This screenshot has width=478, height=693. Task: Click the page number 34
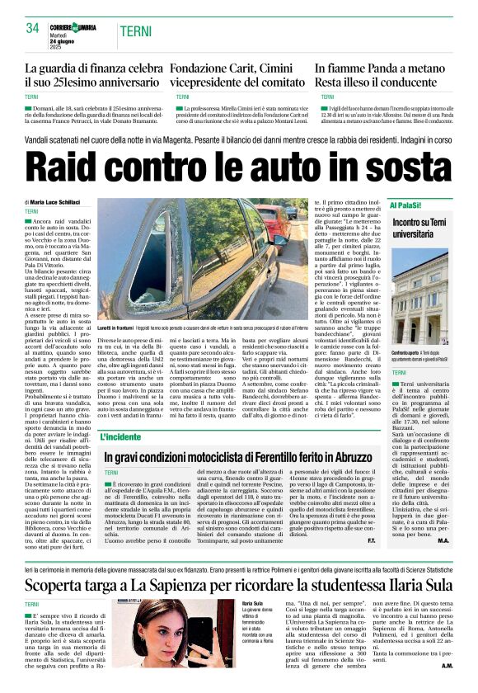pos(33,28)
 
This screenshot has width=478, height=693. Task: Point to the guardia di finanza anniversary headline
pos(93,77)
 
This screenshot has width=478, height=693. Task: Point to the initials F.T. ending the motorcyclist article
pos(371,540)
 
